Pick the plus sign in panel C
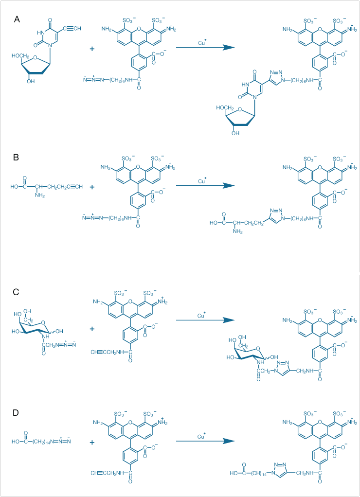point(93,329)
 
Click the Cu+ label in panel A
point(202,43)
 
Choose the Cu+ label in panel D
point(202,436)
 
